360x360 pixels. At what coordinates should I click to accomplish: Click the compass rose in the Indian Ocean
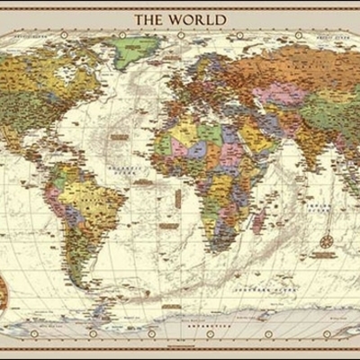point(326,241)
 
